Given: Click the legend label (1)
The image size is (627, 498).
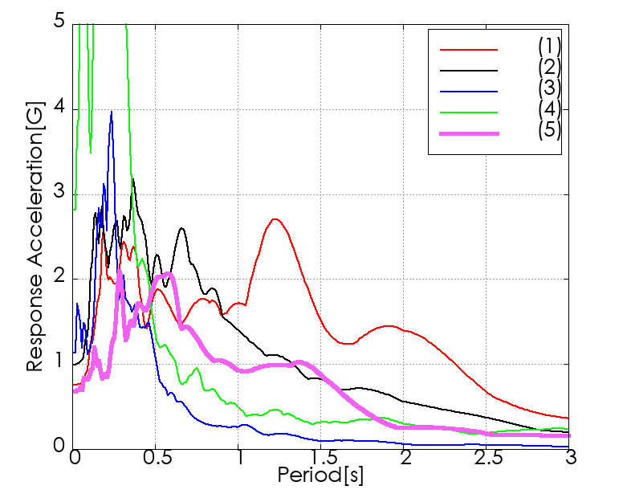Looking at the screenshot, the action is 549,47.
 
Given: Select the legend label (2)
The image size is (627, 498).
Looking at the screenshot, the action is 549,67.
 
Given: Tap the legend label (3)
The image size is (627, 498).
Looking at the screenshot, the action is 549,88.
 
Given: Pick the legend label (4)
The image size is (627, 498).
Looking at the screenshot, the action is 549,109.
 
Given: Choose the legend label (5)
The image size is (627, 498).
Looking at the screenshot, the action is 549,130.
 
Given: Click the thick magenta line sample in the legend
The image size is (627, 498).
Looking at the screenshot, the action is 469,133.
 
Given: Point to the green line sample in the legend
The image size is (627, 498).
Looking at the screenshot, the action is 469,112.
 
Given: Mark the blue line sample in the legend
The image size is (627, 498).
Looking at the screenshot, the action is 469,92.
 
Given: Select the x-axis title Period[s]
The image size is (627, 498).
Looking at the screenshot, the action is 320,476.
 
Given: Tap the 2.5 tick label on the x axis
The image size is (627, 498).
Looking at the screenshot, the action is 489,457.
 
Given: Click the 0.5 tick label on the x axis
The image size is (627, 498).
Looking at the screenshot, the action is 158,457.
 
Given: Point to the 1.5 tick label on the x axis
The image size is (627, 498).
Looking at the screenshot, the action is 323,457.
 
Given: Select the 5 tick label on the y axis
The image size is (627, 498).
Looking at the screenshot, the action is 59,21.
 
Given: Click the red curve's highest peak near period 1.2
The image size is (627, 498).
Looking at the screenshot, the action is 275,219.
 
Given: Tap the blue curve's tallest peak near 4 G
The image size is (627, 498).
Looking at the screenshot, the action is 112,112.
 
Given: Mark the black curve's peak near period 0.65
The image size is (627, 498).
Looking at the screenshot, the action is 182,228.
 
